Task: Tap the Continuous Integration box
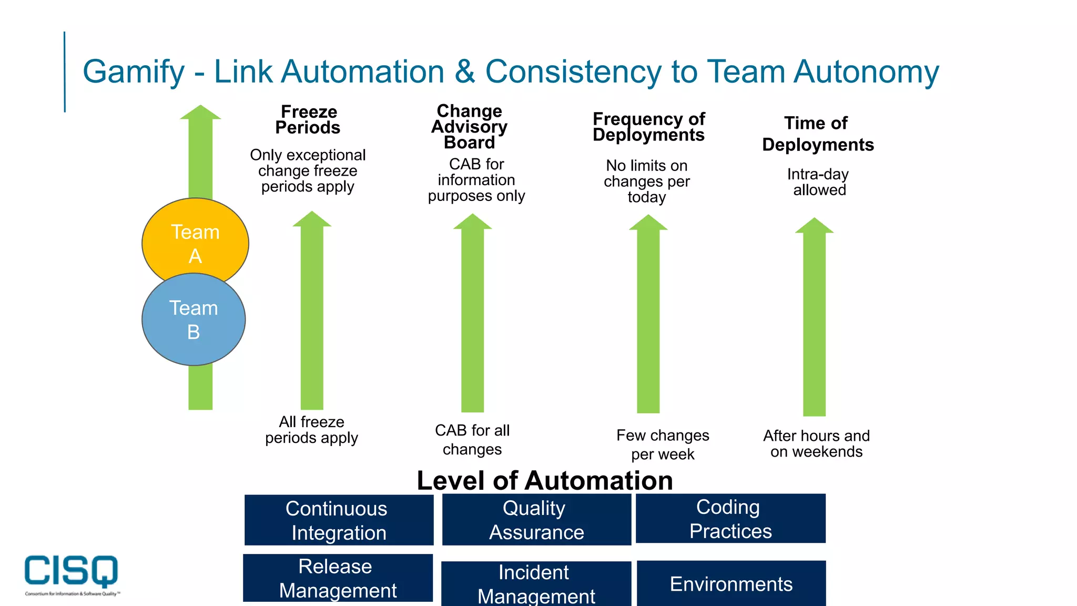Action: pos(339,520)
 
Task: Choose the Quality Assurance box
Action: pos(536,520)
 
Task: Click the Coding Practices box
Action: pos(730,519)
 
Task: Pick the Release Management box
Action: pos(338,578)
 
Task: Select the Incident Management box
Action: pos(536,584)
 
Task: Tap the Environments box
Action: pos(731,584)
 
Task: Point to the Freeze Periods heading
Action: pos(308,119)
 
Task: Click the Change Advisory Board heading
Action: pos(470,126)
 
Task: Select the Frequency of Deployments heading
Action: pos(648,127)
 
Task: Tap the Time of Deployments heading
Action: pos(818,134)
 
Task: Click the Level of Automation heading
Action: pos(545,480)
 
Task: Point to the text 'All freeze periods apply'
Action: pos(311,430)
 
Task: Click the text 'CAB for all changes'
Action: pos(472,440)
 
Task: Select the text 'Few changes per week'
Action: pos(663,445)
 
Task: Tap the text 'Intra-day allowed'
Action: pos(818,182)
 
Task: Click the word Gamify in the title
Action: pos(134,72)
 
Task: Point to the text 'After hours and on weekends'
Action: pos(816,443)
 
